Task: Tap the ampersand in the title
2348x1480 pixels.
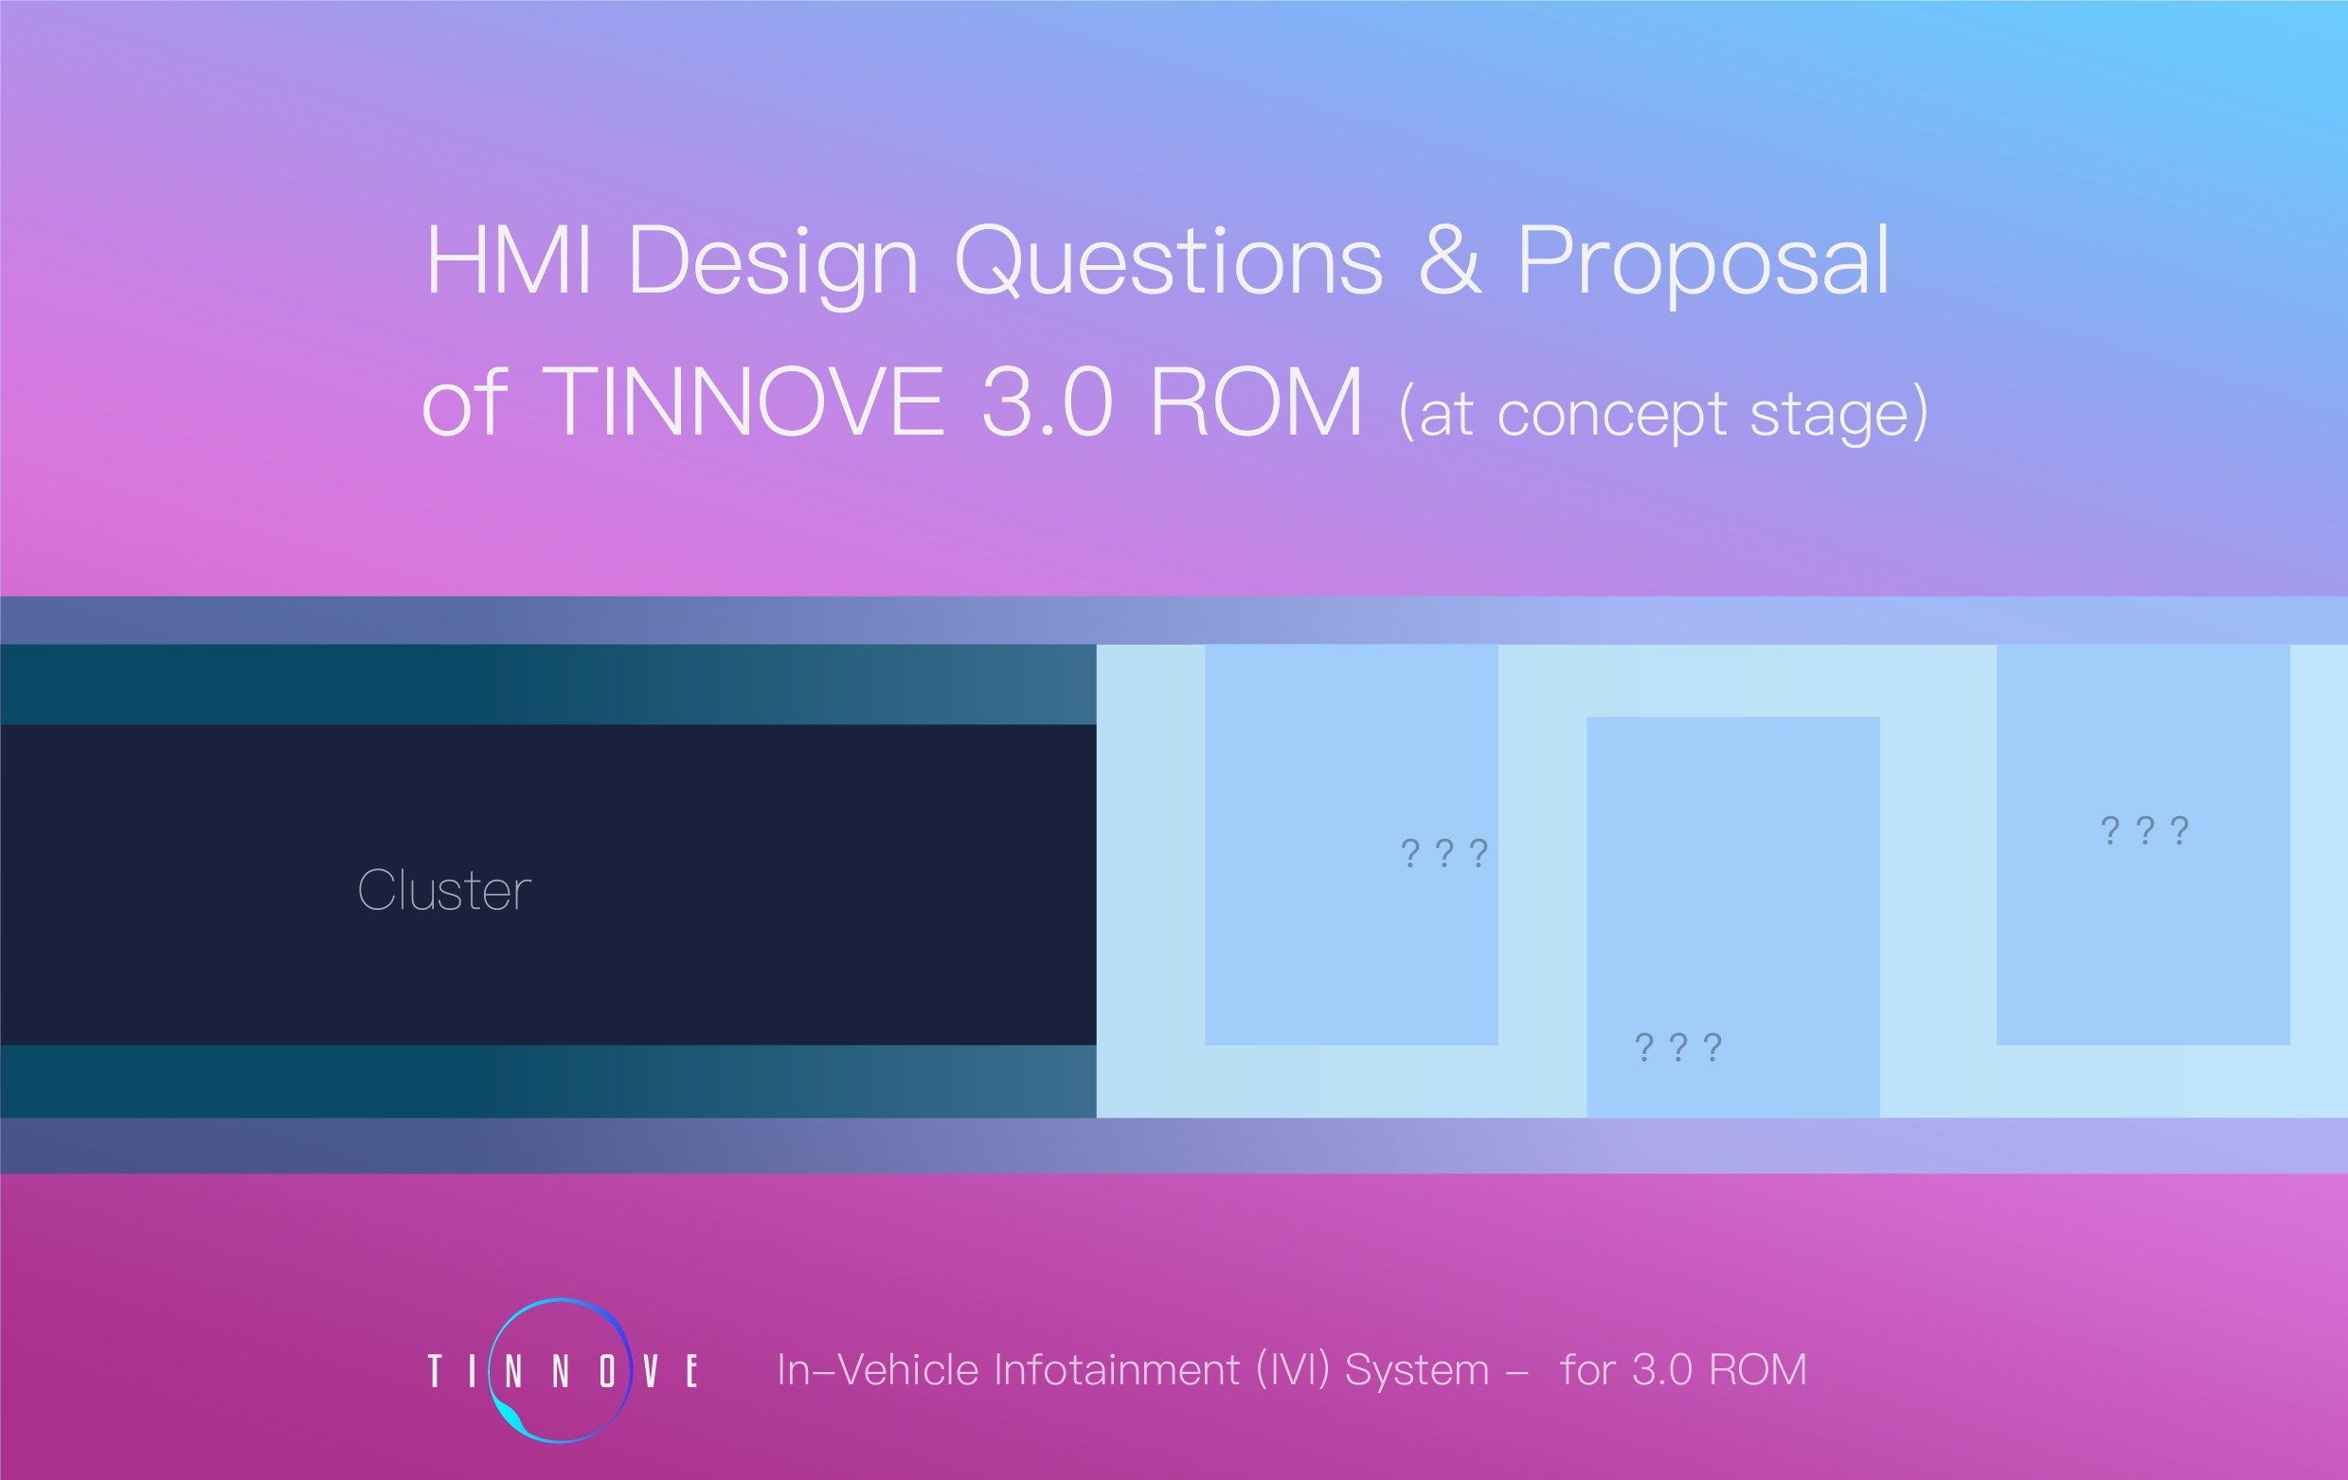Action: (x=1451, y=259)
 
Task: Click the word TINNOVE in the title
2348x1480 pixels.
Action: (x=742, y=401)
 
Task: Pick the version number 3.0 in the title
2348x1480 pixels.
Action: (x=1047, y=401)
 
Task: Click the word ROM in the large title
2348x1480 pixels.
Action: (x=1256, y=401)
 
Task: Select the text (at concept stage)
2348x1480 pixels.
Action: (x=1663, y=413)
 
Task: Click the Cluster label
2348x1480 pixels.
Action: (x=444, y=890)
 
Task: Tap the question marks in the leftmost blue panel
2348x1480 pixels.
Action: (x=1444, y=853)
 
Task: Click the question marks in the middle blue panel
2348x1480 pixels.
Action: (x=1678, y=1047)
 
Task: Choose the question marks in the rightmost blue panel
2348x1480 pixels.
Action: (x=2145, y=829)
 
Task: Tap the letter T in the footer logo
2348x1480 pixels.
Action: (x=435, y=1371)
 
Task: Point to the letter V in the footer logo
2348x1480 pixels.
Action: (x=651, y=1371)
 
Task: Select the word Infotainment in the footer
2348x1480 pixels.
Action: (x=1118, y=1370)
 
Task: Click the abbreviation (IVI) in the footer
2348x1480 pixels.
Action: (x=1293, y=1371)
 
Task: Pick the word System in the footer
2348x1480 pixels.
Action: (x=1417, y=1373)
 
